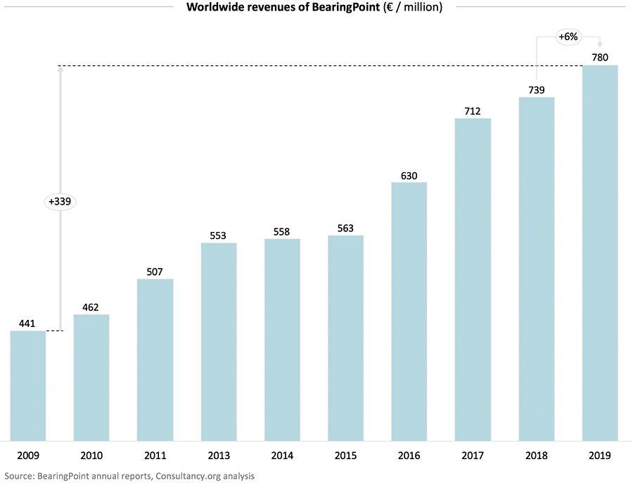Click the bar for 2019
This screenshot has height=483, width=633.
[600, 253]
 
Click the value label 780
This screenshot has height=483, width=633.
[600, 56]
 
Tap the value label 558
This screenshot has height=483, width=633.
[282, 231]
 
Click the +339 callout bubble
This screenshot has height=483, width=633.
[60, 201]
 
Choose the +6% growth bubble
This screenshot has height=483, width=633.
[568, 36]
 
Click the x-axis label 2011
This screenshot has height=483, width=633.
[155, 456]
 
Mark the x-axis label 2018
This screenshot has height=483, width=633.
[537, 456]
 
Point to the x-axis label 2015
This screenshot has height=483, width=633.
[345, 456]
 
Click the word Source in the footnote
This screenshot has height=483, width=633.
[18, 476]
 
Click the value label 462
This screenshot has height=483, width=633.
[91, 307]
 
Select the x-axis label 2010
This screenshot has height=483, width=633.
[91, 456]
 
